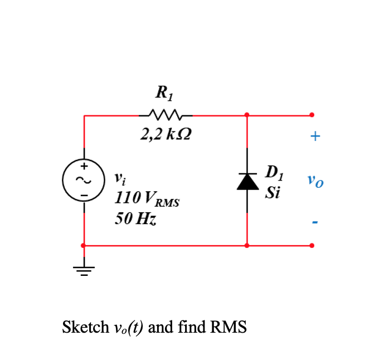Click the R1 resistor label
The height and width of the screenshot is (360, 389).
[165, 91]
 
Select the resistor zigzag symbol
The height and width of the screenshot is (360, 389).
[166, 115]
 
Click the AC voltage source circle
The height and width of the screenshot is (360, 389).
[84, 180]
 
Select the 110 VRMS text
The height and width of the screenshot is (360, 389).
[147, 198]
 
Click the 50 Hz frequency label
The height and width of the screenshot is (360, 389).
[135, 218]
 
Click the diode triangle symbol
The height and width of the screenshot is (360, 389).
[247, 181]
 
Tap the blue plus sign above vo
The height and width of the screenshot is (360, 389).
[315, 136]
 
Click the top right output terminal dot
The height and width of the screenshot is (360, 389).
[312, 115]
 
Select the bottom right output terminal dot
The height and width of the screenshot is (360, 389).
[312, 245]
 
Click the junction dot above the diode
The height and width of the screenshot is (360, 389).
[247, 115]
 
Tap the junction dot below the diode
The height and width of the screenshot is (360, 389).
[247, 245]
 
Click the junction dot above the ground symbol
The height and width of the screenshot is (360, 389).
[84, 245]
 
